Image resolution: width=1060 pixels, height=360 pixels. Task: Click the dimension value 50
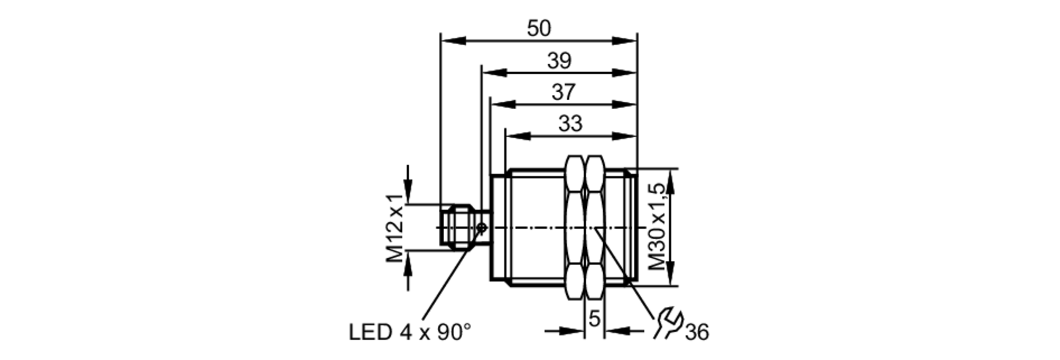click(538, 29)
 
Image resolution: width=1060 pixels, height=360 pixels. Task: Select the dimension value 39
click(559, 61)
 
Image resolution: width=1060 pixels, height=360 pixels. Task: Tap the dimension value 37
click(563, 92)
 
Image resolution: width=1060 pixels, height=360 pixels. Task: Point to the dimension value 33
click(570, 124)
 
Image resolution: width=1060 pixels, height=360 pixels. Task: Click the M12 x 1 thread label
click(394, 227)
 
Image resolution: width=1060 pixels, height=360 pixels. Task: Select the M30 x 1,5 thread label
click(657, 227)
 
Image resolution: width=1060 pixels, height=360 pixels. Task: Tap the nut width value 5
click(594, 319)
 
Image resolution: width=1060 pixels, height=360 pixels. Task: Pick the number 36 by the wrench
click(696, 332)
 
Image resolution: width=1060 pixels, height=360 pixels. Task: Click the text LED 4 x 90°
click(409, 332)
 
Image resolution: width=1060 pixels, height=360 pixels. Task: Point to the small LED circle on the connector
click(481, 228)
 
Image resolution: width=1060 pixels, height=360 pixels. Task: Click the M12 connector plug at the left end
click(458, 227)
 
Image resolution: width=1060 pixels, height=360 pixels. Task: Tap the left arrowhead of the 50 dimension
click(453, 41)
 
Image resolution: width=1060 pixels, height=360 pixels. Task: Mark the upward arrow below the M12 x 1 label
click(408, 264)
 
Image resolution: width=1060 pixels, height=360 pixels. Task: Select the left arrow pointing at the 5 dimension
click(572, 331)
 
